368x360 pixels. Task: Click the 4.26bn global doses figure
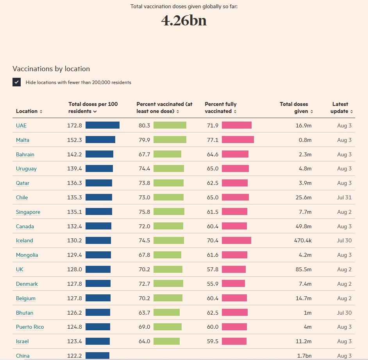[x=184, y=21]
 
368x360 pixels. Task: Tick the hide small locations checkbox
[x=16, y=82]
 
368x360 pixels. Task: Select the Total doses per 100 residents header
[x=93, y=107]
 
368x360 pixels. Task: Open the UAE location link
[x=21, y=125]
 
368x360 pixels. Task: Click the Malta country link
[x=23, y=140]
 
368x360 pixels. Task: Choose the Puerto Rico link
[x=30, y=327]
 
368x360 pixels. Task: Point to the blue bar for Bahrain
[x=99, y=154]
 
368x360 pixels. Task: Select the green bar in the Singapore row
[x=169, y=212]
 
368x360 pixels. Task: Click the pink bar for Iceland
[x=236, y=240]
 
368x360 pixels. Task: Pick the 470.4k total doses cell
[x=303, y=240]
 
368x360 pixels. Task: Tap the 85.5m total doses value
[x=304, y=269]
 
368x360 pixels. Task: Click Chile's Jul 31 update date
[x=344, y=197]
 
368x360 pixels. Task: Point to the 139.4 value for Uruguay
[x=75, y=168]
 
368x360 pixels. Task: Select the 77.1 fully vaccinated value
[x=213, y=140]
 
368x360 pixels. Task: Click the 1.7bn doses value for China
[x=304, y=356]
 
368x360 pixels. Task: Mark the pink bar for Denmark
[x=233, y=284]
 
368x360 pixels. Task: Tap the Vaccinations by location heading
[x=51, y=69]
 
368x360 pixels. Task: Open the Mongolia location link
[x=27, y=255]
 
